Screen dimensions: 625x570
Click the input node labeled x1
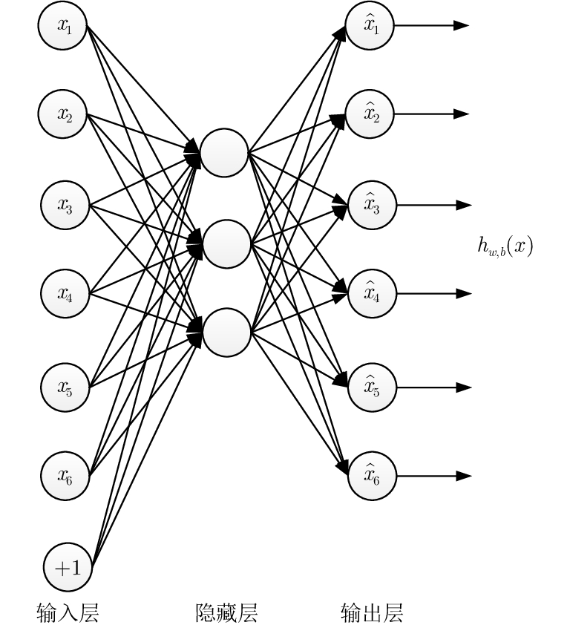click(65, 25)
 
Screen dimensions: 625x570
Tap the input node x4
click(65, 294)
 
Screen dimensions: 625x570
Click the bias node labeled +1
click(68, 569)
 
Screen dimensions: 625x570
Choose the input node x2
click(65, 114)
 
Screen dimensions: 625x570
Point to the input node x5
click(65, 386)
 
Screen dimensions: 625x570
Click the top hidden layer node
click(224, 153)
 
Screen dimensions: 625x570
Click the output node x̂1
click(370, 25)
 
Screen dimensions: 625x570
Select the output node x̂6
click(372, 475)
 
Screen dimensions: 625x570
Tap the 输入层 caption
click(68, 612)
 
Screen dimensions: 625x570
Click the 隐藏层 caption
click(226, 612)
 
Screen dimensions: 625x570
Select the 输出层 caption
click(372, 612)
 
